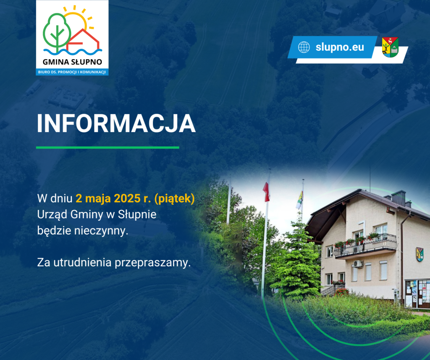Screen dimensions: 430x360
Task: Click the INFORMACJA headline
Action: tap(116, 123)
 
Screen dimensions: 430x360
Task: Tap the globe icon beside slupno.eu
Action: tap(304, 47)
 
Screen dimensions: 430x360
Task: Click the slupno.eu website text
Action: tap(340, 47)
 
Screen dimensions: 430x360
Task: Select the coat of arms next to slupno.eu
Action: tap(390, 47)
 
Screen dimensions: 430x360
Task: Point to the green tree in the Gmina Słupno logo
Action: tap(57, 33)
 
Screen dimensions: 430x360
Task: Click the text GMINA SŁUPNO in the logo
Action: tap(72, 62)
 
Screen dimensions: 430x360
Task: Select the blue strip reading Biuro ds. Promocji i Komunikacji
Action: tap(72, 72)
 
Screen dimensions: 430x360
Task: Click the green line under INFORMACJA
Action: tap(107, 147)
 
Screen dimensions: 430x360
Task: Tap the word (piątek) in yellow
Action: tap(175, 198)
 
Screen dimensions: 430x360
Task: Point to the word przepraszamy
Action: tap(152, 263)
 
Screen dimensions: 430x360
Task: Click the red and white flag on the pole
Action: tap(266, 192)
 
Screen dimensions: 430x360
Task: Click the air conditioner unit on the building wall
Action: tap(358, 263)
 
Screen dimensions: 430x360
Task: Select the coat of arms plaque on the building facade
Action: tap(420, 254)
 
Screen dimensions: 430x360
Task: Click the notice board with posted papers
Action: tap(417, 294)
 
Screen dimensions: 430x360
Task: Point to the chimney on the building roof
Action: tap(398, 198)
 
